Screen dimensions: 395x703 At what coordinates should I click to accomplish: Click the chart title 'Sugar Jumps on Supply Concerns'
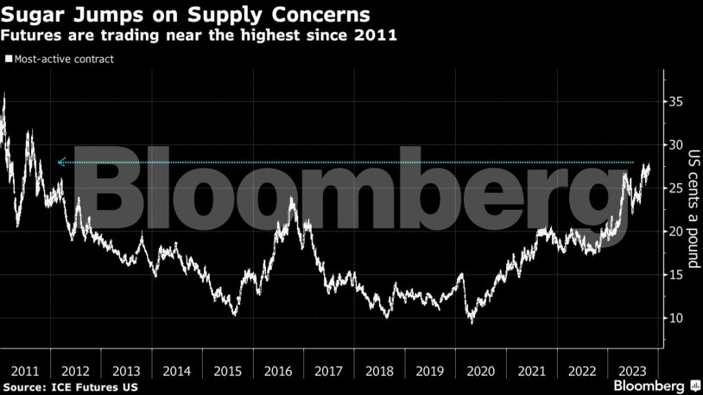tap(187, 15)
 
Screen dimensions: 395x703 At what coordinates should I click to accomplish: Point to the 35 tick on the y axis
tap(676, 102)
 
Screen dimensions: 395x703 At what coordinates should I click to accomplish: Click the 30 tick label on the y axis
tap(676, 145)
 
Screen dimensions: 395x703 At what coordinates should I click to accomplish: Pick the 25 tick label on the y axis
tap(676, 188)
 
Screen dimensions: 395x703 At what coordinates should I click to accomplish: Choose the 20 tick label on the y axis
tap(676, 232)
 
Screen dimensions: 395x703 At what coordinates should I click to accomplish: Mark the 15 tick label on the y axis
tap(676, 275)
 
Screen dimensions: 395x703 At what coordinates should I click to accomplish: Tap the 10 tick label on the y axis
tap(676, 318)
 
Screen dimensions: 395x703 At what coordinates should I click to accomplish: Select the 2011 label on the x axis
tap(25, 371)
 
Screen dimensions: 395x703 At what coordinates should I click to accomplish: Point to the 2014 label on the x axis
tap(177, 371)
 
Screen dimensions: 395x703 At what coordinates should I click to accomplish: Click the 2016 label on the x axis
tap(278, 371)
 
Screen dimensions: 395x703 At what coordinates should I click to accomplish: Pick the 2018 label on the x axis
tap(379, 371)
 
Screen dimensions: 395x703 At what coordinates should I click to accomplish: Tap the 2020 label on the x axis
tap(480, 371)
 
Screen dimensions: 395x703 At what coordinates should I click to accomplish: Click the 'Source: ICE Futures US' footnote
tap(70, 385)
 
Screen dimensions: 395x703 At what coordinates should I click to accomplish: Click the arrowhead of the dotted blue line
tap(60, 162)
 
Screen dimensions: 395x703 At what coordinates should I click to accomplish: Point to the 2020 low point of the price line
tap(471, 322)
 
